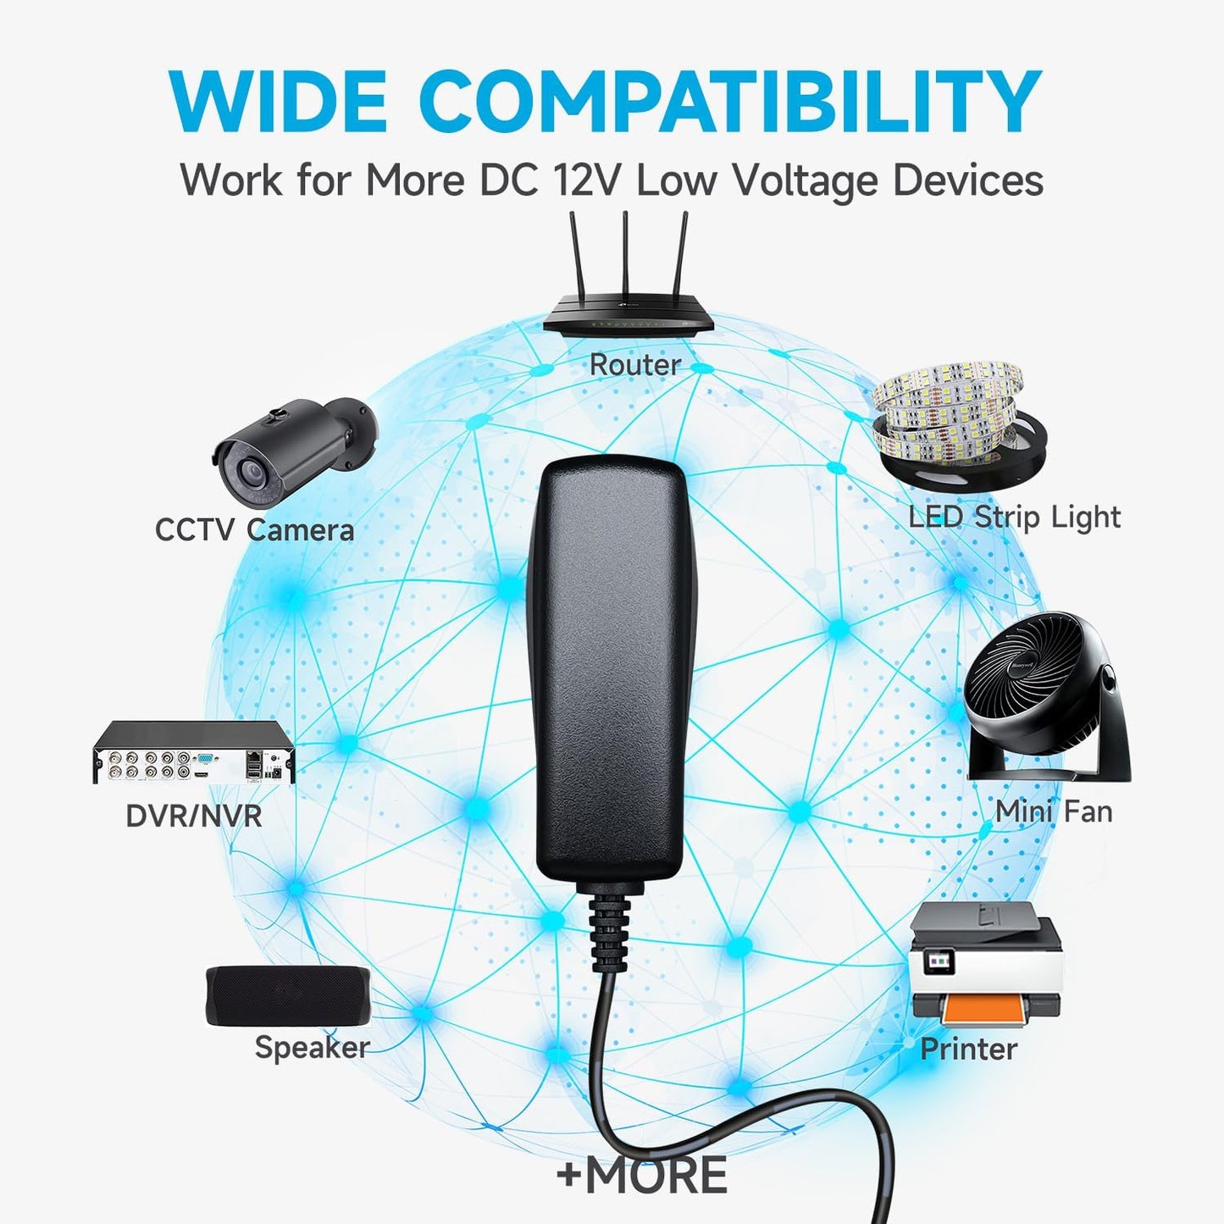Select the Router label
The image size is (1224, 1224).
634,364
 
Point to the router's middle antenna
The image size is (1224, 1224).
625,254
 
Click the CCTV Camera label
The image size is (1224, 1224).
255,529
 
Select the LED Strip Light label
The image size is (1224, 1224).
1015,518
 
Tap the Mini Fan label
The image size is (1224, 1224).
1054,811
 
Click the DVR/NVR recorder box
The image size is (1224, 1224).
194,753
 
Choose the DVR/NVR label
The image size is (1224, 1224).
194,817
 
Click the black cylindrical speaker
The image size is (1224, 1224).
288,996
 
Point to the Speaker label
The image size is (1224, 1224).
312,1048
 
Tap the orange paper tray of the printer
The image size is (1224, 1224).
982,1009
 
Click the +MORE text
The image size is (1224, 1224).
641,1175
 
